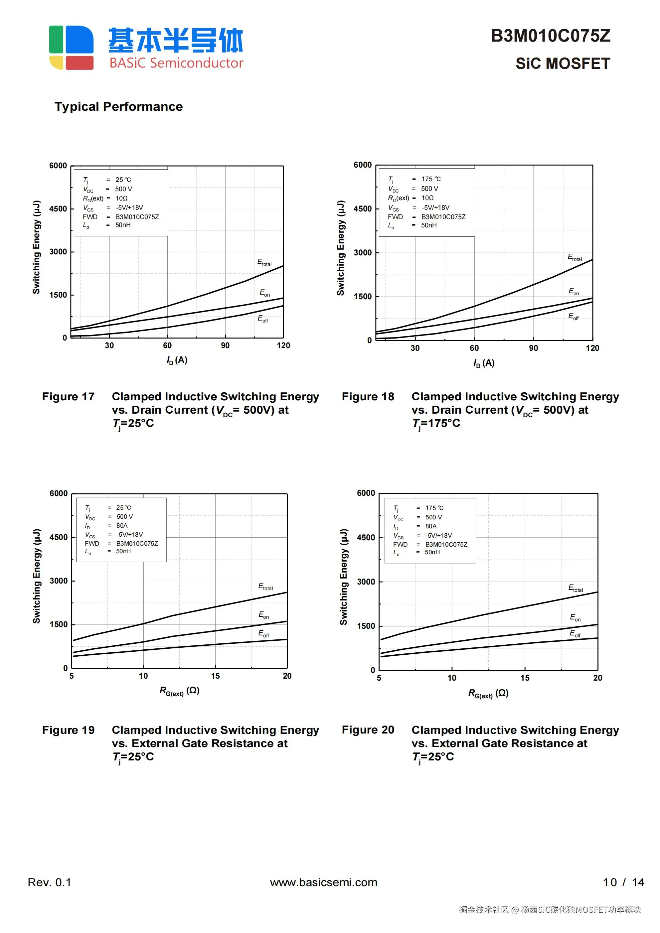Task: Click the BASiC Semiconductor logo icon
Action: [71, 48]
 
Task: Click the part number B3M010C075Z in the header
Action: [550, 36]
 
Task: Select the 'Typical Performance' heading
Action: [118, 106]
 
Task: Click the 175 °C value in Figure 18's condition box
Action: [431, 179]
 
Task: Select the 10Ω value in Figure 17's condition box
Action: [121, 198]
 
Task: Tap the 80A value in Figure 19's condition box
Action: [122, 525]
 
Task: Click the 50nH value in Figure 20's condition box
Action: [432, 552]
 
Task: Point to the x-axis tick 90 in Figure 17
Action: [225, 346]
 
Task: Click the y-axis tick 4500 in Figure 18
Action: [362, 209]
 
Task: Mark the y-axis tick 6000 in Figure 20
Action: [366, 493]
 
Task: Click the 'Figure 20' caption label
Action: [368, 730]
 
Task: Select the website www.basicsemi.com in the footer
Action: [323, 882]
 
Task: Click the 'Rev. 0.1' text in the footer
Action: [49, 882]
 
